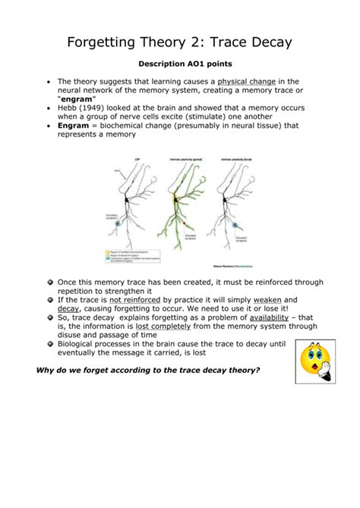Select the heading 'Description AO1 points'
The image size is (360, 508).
point(179,65)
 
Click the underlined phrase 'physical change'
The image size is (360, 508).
point(246,81)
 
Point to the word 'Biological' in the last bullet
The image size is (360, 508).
point(83,344)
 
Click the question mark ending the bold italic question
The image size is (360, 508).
point(260,370)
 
